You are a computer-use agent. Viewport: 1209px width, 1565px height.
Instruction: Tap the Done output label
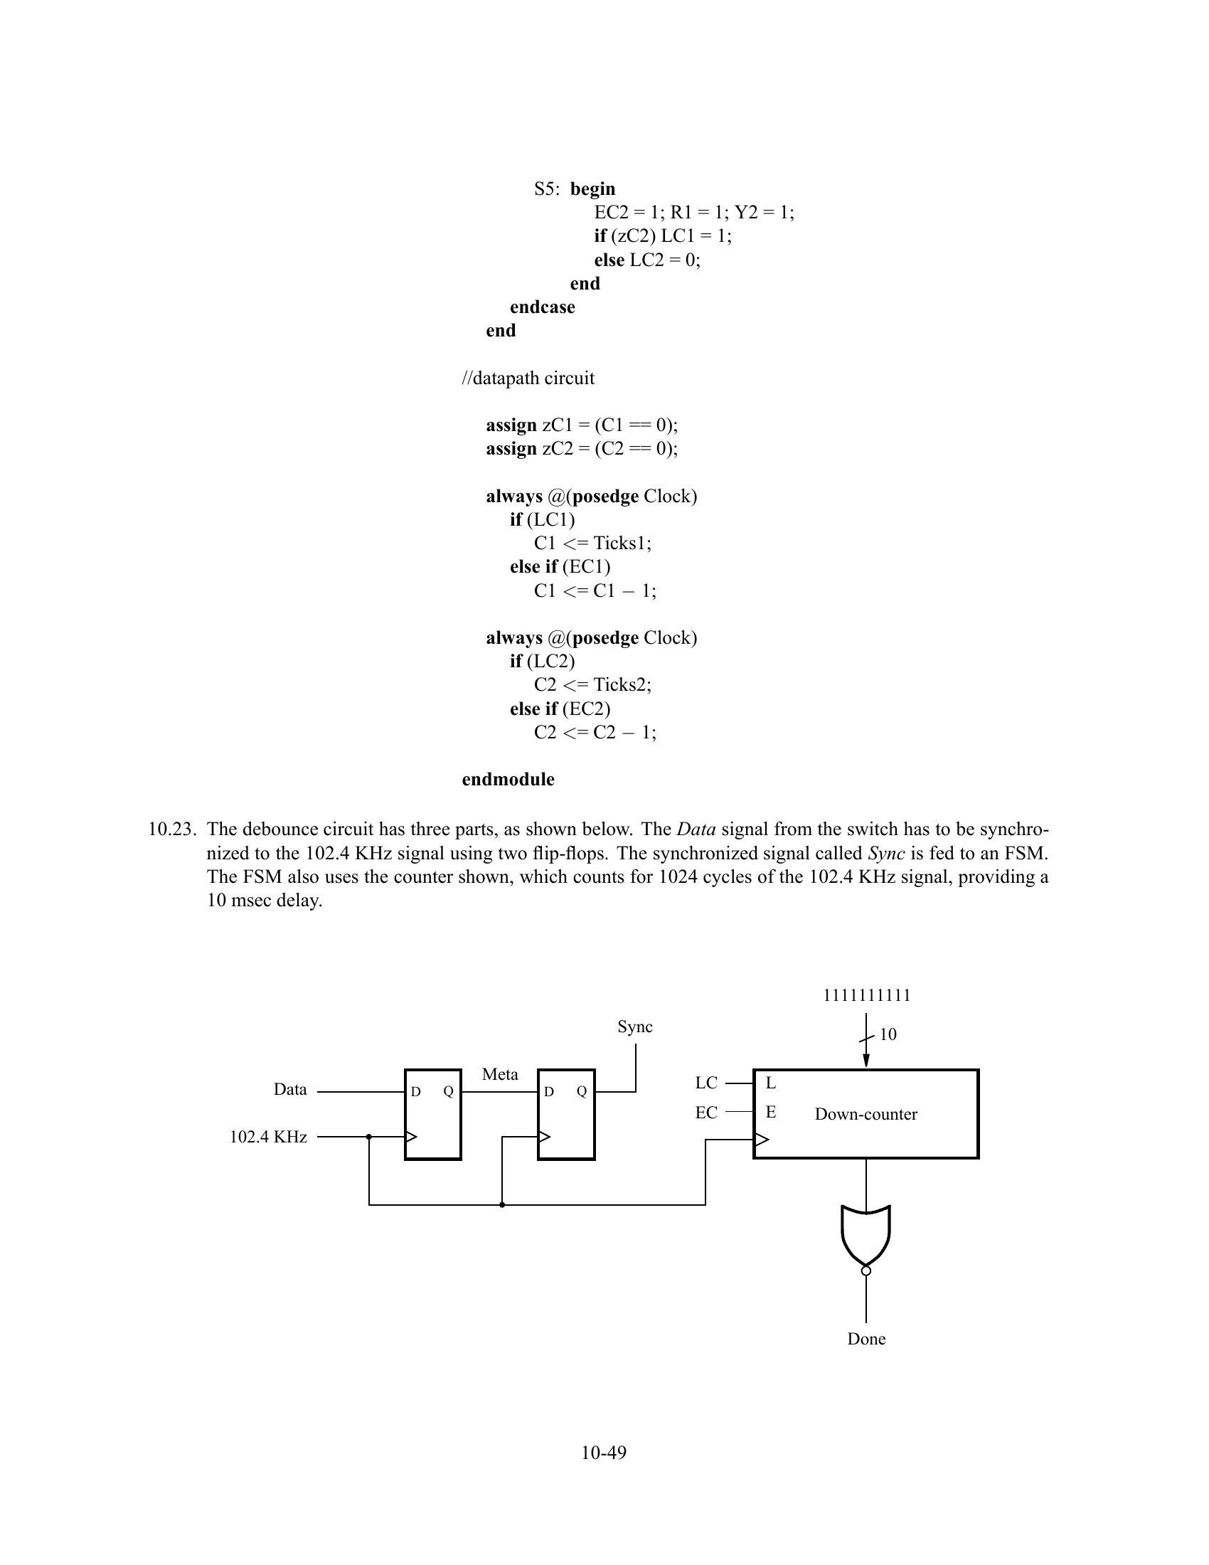[866, 1339]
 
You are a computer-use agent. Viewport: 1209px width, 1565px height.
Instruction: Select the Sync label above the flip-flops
[634, 1026]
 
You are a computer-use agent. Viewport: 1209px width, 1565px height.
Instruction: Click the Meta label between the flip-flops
[500, 1074]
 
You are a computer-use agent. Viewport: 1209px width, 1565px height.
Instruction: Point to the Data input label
[290, 1089]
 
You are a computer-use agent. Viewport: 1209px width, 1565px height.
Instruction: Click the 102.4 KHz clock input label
[268, 1137]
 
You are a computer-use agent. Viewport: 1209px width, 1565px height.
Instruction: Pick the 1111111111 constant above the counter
[867, 995]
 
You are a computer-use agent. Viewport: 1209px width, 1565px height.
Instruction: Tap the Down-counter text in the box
[866, 1113]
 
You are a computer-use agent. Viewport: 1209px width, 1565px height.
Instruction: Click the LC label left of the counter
[706, 1083]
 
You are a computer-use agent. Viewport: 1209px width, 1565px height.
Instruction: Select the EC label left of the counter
[706, 1112]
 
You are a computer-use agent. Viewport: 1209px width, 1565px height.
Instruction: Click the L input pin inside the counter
[771, 1083]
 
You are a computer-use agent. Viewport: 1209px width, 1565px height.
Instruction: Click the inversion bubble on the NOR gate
[866, 1270]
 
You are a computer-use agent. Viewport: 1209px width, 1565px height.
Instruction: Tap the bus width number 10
[888, 1034]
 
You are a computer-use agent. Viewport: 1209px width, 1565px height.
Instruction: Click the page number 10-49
[604, 1453]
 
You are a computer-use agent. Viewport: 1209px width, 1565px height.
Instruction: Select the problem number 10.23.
[172, 829]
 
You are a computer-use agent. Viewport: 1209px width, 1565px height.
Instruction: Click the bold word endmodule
[508, 779]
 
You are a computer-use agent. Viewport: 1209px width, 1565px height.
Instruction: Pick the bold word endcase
[542, 307]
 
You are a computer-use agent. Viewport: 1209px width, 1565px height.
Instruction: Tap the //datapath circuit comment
[528, 378]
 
